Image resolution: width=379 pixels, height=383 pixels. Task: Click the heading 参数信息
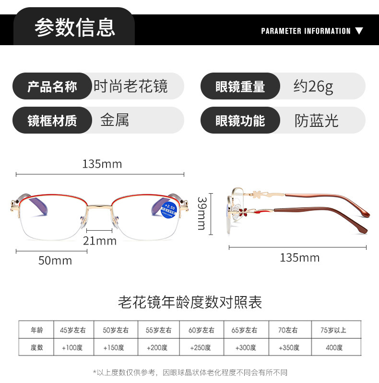74,27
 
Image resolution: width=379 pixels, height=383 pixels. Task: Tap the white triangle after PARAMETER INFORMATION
359,31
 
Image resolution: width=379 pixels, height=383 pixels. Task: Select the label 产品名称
52,87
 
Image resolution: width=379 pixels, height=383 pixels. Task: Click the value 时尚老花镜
130,86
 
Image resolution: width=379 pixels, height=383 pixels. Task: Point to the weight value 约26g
313,86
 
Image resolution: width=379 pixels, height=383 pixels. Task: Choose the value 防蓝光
316,121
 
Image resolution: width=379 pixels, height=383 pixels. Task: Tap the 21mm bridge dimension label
100,241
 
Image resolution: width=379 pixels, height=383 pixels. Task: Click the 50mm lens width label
55,261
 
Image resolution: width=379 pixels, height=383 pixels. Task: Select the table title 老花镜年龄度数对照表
190,302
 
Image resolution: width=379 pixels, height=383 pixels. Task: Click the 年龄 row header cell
37,330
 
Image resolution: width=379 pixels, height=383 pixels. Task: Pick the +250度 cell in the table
201,347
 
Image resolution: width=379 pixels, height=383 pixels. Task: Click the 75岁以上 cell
333,330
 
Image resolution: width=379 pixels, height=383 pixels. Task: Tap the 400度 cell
333,347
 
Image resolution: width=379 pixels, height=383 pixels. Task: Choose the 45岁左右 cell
73,330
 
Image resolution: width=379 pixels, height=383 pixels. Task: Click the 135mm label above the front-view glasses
102,164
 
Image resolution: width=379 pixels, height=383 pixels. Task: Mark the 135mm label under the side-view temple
299,258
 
